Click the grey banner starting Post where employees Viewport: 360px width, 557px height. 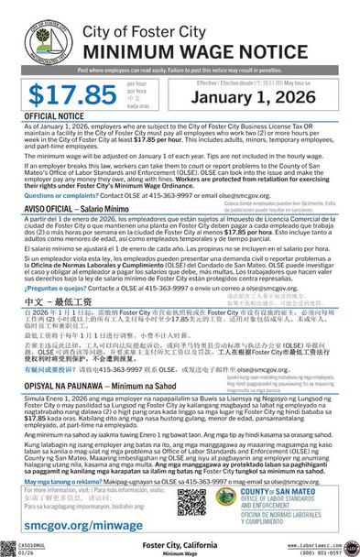pos(180,69)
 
